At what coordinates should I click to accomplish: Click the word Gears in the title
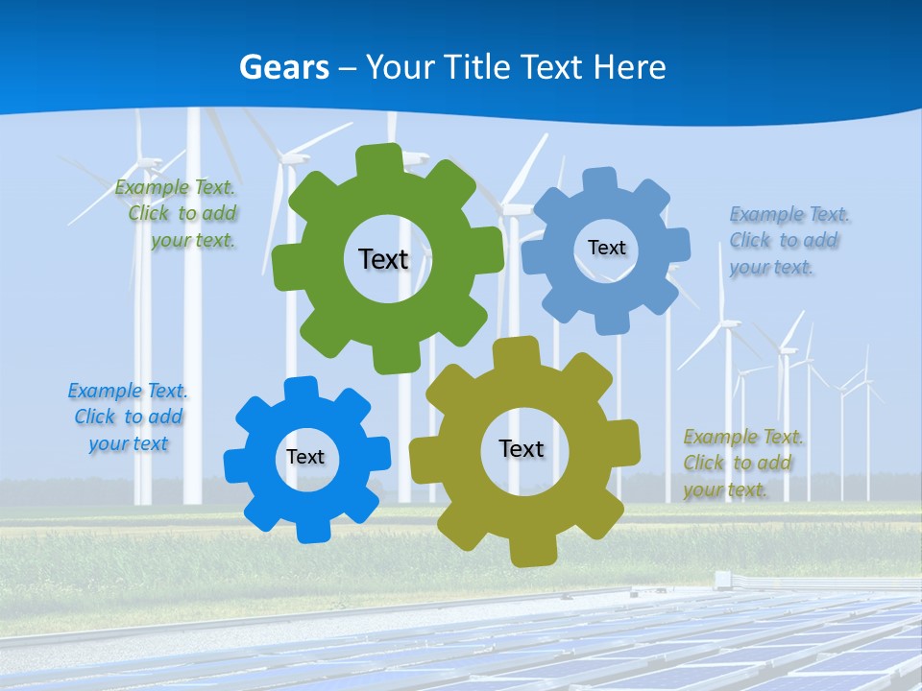coord(284,67)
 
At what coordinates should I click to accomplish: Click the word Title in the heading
coord(477,67)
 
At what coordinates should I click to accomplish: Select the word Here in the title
coord(629,67)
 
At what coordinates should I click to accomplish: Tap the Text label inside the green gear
coord(383,259)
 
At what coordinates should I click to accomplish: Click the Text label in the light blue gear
coord(606,248)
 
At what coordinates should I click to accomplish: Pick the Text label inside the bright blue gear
coord(305,458)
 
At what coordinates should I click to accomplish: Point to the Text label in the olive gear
coord(522,449)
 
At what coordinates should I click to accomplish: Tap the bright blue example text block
coord(128,417)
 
